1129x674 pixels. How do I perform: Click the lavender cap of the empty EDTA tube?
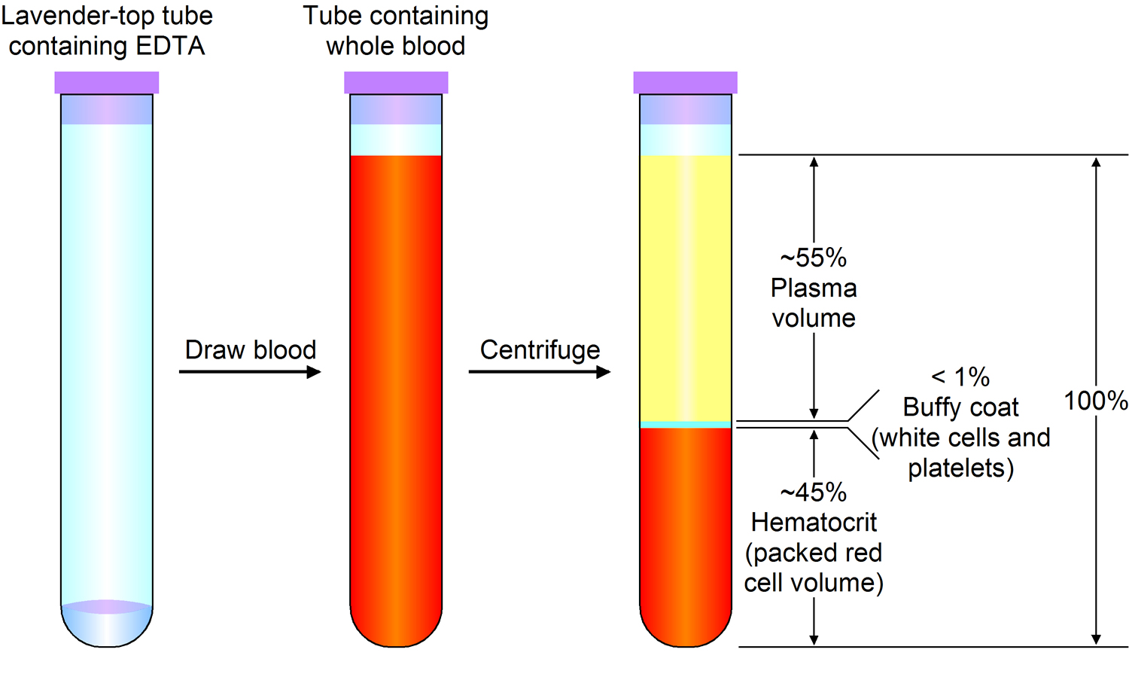106,82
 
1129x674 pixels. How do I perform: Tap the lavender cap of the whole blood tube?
396,82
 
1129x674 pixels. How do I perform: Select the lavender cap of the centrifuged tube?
685,82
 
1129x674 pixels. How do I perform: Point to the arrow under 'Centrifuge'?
539,371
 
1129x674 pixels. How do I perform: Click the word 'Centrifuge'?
540,350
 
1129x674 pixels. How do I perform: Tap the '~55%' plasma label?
814,258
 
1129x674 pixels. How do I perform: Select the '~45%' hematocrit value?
814,493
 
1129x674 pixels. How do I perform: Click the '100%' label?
1095,401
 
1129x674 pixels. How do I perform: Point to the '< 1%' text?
960,377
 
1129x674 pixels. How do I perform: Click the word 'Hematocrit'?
814,522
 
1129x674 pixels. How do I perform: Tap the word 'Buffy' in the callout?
930,407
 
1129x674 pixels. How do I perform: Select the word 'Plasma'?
814,288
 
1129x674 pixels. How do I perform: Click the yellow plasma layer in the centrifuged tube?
685,286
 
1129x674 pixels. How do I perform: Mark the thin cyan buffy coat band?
685,425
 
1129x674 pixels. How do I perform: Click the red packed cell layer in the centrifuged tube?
685,527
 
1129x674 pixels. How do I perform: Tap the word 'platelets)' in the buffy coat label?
961,468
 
